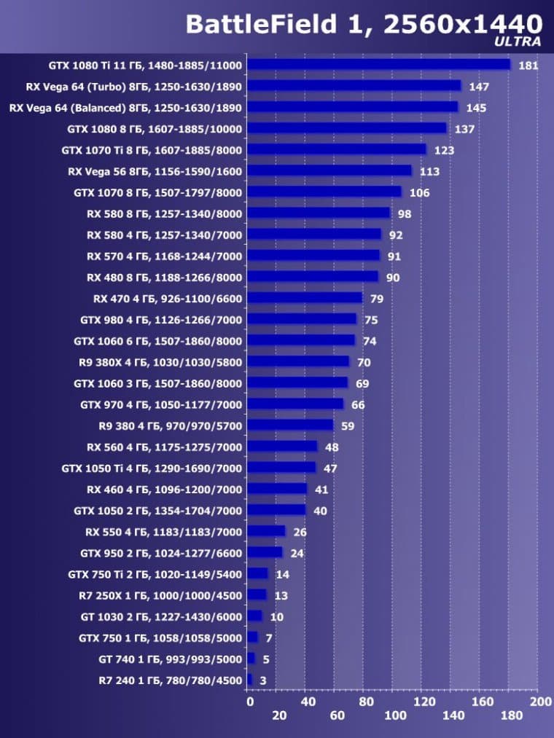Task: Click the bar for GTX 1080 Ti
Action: (378, 65)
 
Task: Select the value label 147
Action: (479, 87)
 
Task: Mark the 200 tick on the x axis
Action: (540, 702)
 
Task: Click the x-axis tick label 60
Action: (337, 715)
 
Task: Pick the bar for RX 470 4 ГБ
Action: (305, 298)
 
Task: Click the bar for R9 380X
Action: (298, 362)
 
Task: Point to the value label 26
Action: (300, 532)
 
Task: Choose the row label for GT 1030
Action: (160, 616)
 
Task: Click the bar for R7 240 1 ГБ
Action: (249, 680)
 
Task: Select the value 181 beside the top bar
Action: (528, 66)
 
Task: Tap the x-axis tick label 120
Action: (424, 702)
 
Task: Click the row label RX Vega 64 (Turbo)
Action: (133, 87)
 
